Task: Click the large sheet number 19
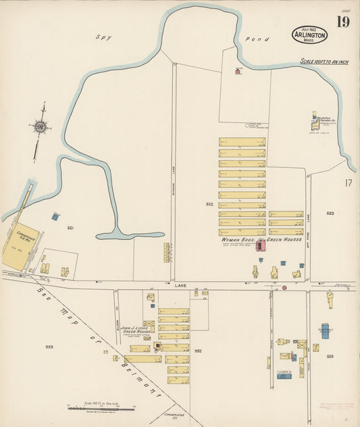(343, 23)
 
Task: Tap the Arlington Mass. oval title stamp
(310, 35)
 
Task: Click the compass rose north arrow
(41, 126)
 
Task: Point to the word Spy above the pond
(101, 39)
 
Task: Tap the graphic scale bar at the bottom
(101, 408)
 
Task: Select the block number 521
(70, 228)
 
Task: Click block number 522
(209, 203)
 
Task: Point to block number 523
(330, 213)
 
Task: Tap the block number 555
(49, 347)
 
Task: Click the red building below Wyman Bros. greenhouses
(260, 243)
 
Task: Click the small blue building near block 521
(55, 216)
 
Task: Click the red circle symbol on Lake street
(284, 287)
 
